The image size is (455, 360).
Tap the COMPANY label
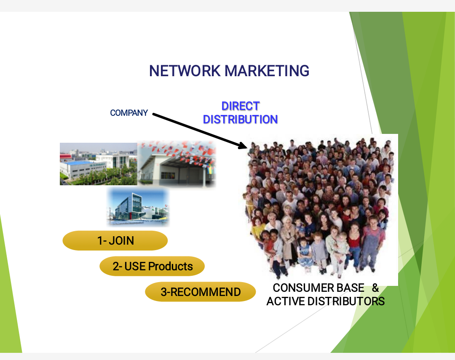pyautogui.click(x=129, y=113)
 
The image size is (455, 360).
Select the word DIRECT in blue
pyautogui.click(x=241, y=106)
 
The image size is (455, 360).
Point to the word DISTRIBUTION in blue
pyautogui.click(x=240, y=120)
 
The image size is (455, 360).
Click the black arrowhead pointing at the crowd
pyautogui.click(x=243, y=146)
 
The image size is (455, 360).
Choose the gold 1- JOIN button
pyautogui.click(x=115, y=241)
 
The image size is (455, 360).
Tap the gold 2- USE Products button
pyautogui.click(x=152, y=266)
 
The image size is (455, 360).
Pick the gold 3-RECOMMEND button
pyautogui.click(x=201, y=292)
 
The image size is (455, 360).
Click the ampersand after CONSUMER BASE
pyautogui.click(x=375, y=288)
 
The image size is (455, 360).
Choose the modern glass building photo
pyautogui.click(x=138, y=207)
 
